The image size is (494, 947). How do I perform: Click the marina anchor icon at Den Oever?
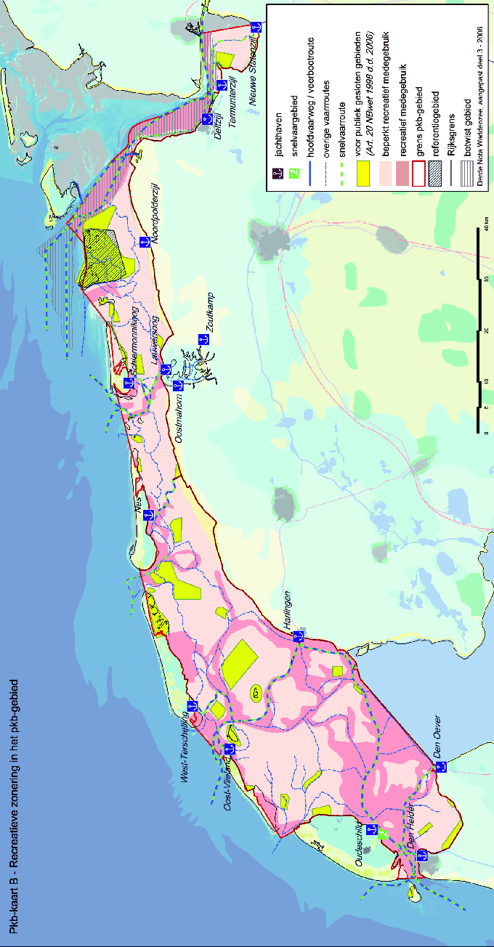tap(439, 767)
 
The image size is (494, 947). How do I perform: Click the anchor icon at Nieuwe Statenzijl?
tap(255, 26)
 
